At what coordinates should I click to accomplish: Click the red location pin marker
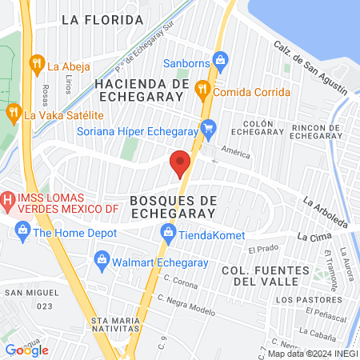[180, 163]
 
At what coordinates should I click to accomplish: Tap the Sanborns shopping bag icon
[222, 58]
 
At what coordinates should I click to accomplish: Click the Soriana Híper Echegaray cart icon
[209, 126]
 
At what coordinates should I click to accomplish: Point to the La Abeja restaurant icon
[36, 62]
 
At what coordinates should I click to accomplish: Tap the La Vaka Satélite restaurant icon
[12, 111]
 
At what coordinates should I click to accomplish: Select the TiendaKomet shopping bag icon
[168, 232]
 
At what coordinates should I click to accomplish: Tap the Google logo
[27, 350]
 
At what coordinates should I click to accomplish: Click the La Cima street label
[313, 237]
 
